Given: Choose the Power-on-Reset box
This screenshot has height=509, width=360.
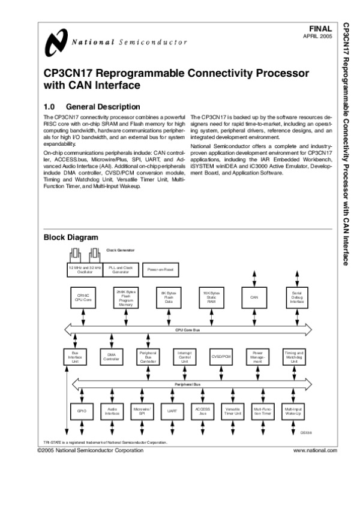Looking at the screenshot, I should [x=160, y=270].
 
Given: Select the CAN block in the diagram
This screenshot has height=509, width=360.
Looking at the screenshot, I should [x=253, y=298].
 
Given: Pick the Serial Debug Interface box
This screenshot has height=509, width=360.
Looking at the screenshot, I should [x=297, y=299].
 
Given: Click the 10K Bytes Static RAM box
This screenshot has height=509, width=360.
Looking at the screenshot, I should [x=211, y=298].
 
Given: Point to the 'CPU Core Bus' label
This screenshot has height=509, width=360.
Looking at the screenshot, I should [x=187, y=329].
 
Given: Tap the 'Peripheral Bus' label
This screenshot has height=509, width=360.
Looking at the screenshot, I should [x=187, y=382].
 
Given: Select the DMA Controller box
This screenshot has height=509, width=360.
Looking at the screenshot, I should [x=111, y=358].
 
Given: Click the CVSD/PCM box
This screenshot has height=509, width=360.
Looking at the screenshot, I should [x=221, y=357].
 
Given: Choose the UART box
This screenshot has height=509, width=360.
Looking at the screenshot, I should [x=172, y=412].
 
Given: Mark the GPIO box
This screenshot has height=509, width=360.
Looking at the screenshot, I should [x=82, y=412].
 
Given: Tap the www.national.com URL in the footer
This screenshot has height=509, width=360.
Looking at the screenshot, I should [x=315, y=449].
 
